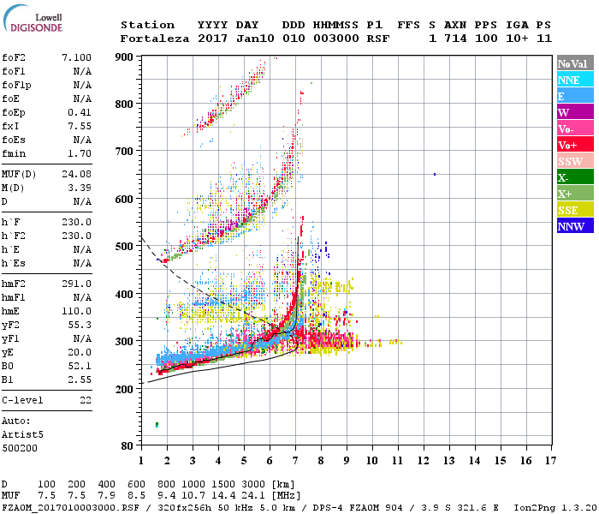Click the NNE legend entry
[573, 80]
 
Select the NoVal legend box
[573, 63]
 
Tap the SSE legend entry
[573, 210]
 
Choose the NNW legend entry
[573, 226]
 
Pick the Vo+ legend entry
[573, 145]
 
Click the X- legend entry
[573, 177]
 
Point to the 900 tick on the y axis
[125, 57]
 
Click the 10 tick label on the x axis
[372, 460]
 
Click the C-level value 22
[86, 400]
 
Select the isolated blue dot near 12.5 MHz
[435, 174]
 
